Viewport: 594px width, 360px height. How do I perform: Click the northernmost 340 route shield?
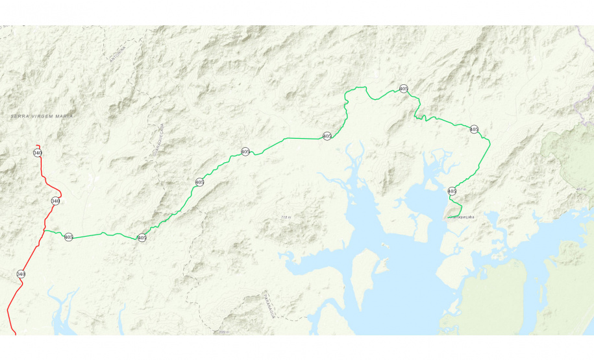click(38, 152)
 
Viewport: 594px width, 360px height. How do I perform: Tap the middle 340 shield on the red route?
click(55, 201)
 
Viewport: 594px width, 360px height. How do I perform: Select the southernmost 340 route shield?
click(21, 274)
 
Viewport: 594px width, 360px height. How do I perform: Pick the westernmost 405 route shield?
click(68, 237)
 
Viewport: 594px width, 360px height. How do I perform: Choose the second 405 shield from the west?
click(142, 238)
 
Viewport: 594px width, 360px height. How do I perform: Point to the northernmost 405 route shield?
click(403, 88)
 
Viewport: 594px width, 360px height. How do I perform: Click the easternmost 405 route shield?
click(474, 129)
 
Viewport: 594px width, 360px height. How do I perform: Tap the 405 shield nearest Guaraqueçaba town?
click(452, 191)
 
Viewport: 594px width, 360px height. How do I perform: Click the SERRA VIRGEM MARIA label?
click(42, 116)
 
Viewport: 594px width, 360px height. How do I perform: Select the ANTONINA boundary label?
click(118, 52)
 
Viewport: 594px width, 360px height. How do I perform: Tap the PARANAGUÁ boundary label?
click(268, 306)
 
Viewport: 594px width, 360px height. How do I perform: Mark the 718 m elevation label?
click(286, 217)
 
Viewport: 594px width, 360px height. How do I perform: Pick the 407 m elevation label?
click(580, 189)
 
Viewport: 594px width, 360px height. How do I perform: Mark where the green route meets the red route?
click(44, 230)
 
